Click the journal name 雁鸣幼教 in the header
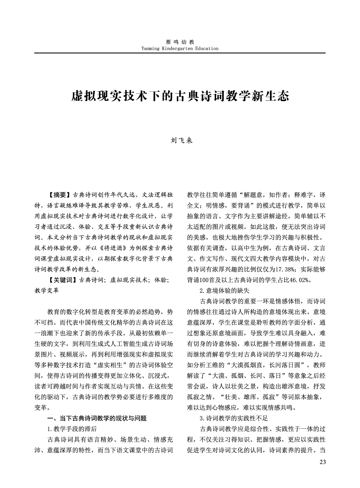pos(180,42)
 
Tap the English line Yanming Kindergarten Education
pos(180,48)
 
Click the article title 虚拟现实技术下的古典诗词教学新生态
pos(180,96)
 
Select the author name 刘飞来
pos(180,140)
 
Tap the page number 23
pos(322,462)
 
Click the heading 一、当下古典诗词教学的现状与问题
pos(97,418)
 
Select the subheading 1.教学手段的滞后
pos(72,429)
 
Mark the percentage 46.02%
pos(300,280)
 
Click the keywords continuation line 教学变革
pos(47,291)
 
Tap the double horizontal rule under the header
pos(180,53)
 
